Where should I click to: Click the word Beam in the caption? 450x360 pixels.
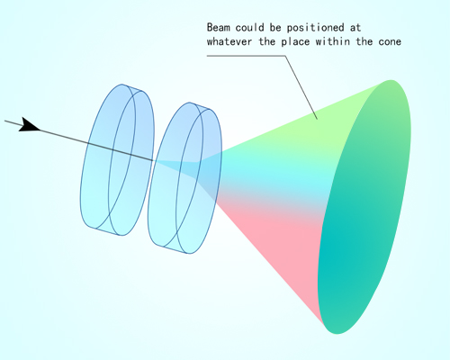coord(219,28)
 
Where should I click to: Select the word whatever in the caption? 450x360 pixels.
coord(229,41)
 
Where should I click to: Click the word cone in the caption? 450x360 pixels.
coord(390,41)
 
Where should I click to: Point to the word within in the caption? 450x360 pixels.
coord(332,41)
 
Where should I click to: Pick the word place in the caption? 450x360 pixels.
coord(295,41)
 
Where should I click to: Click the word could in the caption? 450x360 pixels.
coord(249,28)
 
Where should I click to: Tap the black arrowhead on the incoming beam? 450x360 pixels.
coord(29,125)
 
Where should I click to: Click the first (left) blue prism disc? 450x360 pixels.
coord(118,159)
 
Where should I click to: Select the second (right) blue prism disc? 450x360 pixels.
coord(185,178)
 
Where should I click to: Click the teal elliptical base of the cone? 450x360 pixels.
coord(364,207)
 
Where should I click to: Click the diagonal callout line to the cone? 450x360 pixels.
coord(301,87)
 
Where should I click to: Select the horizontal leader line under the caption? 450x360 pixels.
coord(246,56)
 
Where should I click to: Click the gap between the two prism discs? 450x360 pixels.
coord(151,168)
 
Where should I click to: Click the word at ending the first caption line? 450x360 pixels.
coord(355,28)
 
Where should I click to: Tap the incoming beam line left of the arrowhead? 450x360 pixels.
coord(13,123)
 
